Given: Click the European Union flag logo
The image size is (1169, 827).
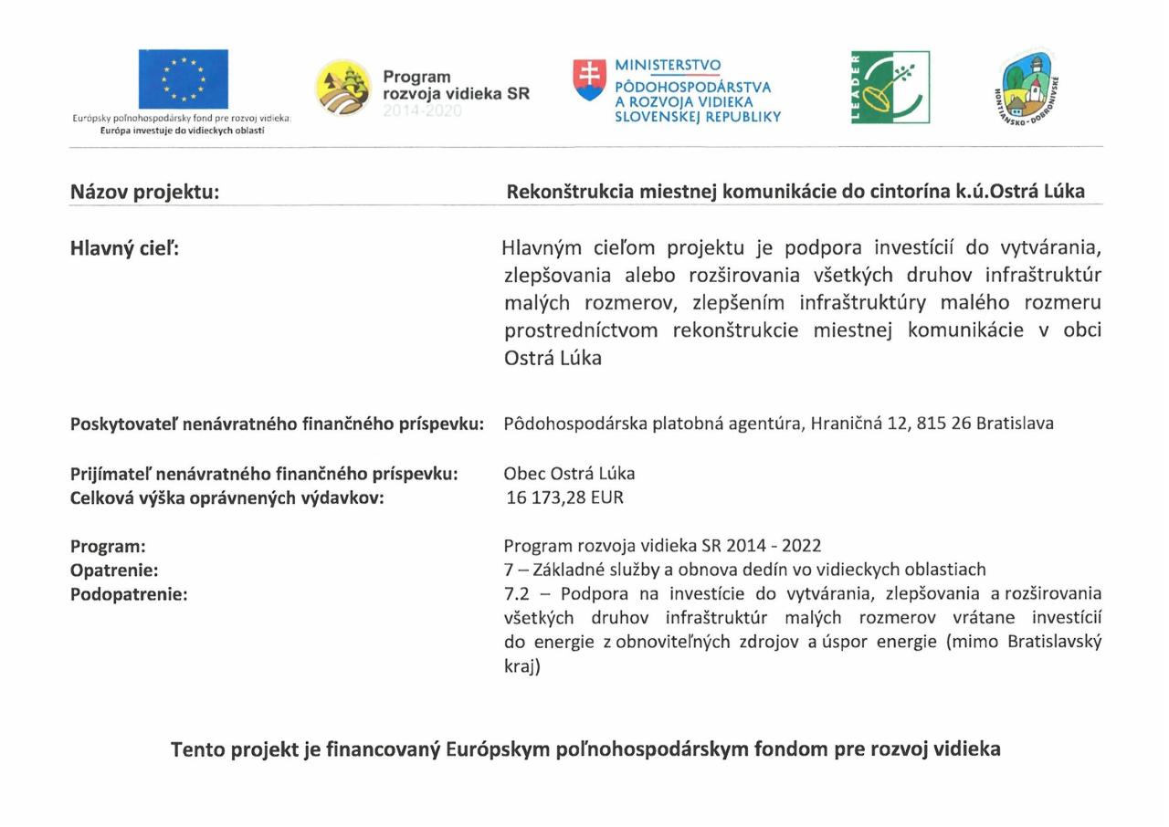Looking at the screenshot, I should [183, 79].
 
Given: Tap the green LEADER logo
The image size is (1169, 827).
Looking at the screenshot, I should [890, 88].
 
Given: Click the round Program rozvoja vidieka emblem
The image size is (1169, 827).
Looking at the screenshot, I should [343, 88].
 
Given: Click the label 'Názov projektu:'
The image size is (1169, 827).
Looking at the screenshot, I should [144, 193].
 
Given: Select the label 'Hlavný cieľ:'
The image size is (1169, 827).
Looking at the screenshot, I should [124, 248].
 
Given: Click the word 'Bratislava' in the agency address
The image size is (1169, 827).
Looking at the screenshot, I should [1015, 424].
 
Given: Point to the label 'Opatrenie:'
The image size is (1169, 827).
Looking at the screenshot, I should [114, 571].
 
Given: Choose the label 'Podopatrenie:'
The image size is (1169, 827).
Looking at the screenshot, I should [128, 594].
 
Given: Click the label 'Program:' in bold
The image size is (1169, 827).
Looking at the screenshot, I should [108, 547].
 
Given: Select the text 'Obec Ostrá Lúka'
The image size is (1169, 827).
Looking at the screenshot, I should [569, 474].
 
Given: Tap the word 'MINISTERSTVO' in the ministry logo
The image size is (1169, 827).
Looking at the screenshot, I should [668, 66].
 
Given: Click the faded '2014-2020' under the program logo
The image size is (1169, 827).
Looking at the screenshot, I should [422, 111].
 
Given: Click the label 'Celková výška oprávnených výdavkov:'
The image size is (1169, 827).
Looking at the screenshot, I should [226, 497].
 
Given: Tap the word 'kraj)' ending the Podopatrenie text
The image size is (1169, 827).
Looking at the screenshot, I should [522, 666].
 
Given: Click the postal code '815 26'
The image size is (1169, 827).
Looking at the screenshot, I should [948, 424].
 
